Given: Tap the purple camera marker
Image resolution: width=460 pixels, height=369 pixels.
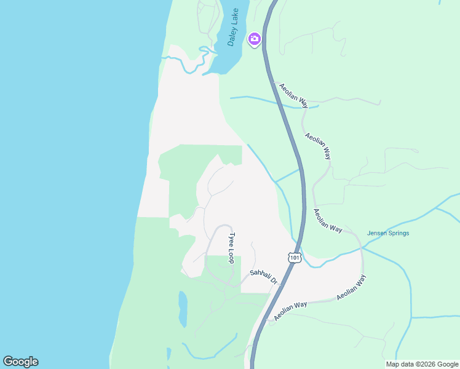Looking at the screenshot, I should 255,39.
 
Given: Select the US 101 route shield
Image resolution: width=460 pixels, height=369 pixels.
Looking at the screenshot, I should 295,258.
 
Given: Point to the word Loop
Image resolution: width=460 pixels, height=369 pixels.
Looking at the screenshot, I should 232,255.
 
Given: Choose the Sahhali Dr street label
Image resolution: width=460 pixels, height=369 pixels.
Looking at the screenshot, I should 265,277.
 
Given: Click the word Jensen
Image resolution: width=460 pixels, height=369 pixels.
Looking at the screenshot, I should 378,233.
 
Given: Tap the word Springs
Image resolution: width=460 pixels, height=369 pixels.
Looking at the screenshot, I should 399,233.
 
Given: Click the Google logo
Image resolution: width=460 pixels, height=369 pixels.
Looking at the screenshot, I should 20,362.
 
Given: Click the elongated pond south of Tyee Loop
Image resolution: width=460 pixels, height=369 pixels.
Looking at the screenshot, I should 183,309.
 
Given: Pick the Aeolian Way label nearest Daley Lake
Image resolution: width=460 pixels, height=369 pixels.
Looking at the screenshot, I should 292,95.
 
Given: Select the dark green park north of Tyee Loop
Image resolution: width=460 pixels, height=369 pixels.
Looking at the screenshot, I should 184,178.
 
